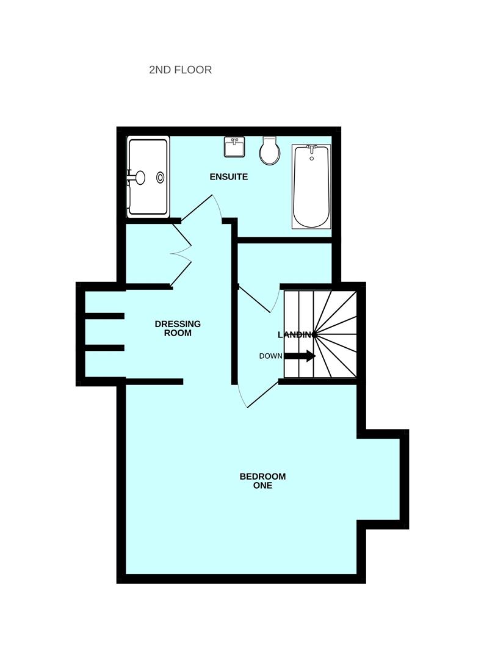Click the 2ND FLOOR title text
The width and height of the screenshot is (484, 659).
180,70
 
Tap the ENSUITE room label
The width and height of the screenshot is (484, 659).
228,177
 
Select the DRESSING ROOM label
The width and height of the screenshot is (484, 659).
178,328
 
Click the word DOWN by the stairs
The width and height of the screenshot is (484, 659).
270,356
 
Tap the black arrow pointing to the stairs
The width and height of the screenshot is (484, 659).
300,356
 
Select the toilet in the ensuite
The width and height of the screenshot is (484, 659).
269,151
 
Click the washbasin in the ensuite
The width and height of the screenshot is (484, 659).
234,147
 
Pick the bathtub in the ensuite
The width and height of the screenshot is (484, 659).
311,186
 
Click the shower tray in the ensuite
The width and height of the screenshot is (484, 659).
148,177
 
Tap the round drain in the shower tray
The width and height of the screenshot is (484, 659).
161,177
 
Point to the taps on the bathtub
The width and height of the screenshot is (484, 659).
312,148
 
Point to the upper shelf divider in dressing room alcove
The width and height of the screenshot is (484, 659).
104,316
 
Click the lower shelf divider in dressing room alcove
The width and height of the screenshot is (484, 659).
104,348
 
